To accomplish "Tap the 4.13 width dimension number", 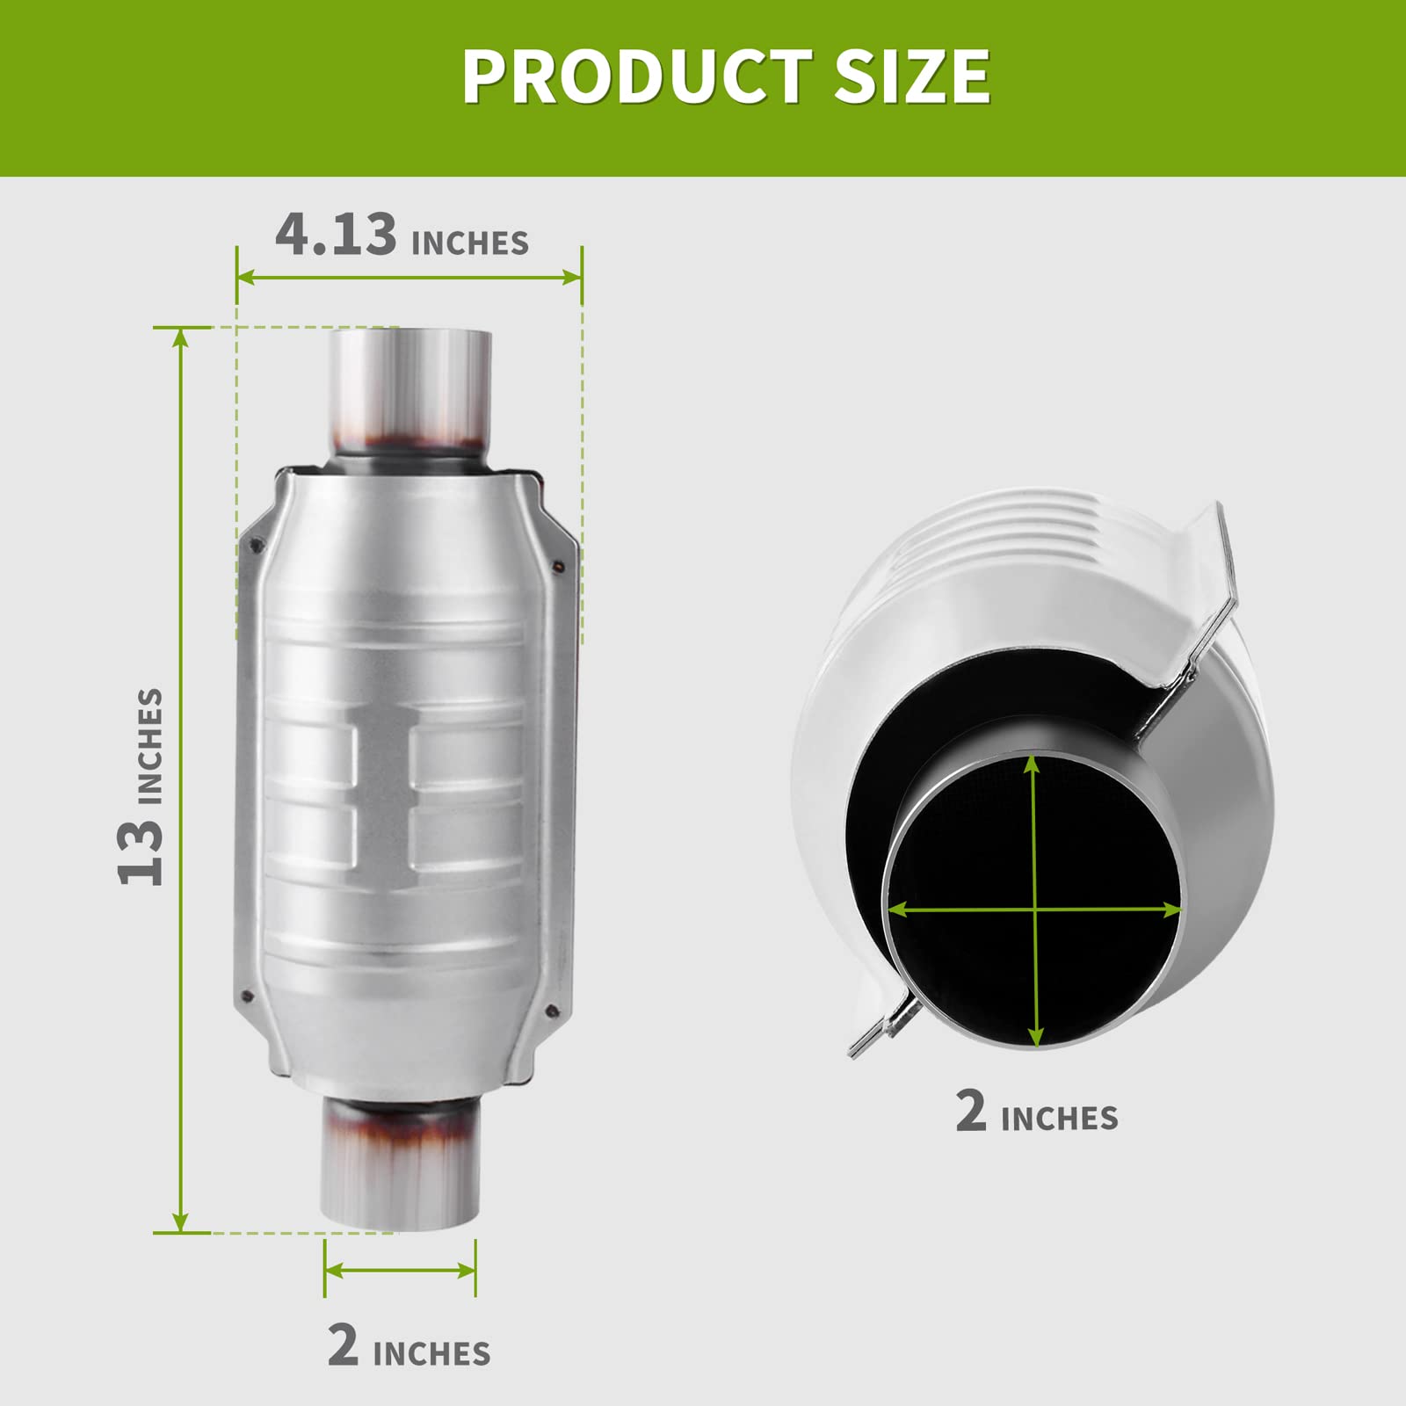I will (x=336, y=236).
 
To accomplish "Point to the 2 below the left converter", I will (x=343, y=1344).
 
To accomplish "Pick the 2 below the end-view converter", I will (x=971, y=1111).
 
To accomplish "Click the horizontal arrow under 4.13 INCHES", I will (x=409, y=278).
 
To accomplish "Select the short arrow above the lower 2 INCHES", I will (x=400, y=1270).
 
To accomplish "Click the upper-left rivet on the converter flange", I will (x=257, y=546).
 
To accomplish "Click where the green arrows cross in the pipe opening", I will (x=1036, y=910).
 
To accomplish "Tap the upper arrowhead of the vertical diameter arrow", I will (x=1033, y=765).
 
